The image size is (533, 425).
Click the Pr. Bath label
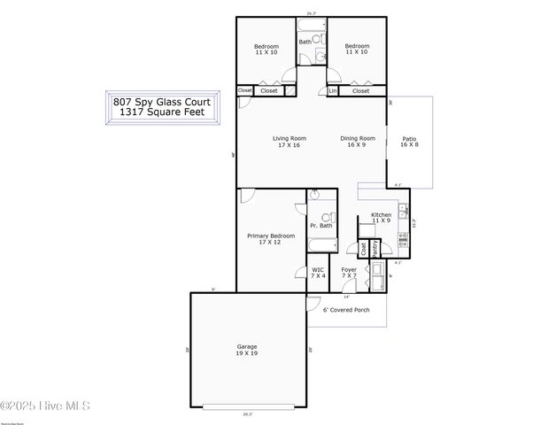pos(321,226)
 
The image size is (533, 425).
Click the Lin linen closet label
pos(333,90)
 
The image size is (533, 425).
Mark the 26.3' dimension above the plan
pos(311,13)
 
